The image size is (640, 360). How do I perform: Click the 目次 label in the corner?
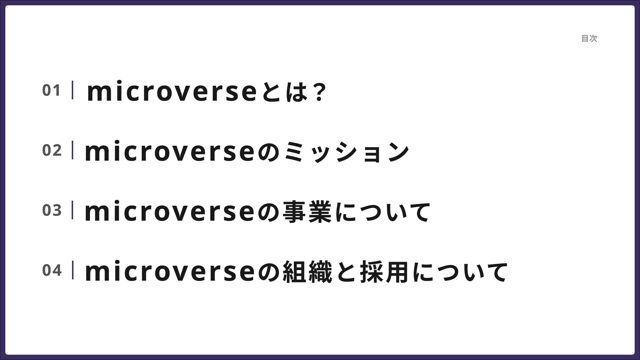tap(589, 39)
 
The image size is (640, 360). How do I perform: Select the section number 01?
tap(51, 90)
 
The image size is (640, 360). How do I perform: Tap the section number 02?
tap(52, 150)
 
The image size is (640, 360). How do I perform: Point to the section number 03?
tap(52, 210)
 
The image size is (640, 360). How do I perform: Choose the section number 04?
tap(52, 270)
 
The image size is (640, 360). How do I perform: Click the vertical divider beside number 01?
tap(72, 90)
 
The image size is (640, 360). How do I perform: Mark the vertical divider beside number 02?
tap(72, 150)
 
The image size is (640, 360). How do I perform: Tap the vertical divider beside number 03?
tap(72, 210)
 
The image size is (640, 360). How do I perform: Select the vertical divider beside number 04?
tap(72, 270)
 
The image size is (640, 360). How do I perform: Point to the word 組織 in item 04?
tap(307, 272)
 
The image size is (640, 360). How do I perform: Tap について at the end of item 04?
tap(460, 272)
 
